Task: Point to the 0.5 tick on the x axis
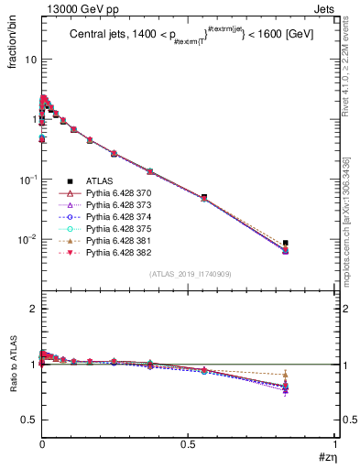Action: [189, 449]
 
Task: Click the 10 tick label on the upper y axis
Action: [30, 60]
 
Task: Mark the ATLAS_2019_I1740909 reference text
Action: [189, 275]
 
